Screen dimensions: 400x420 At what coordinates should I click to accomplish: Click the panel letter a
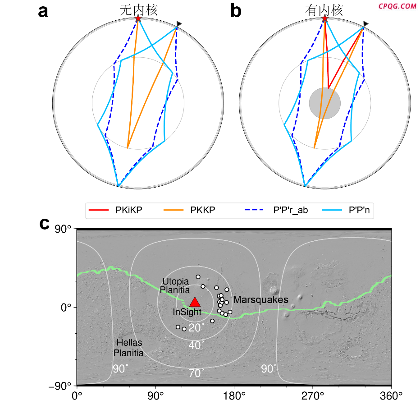pyautogui.click(x=43, y=11)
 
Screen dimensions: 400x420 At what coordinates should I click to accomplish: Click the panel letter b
pyautogui.click(x=236, y=11)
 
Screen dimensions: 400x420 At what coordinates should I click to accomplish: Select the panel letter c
pyautogui.click(x=44, y=224)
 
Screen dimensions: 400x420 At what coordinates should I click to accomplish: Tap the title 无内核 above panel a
pyautogui.click(x=138, y=10)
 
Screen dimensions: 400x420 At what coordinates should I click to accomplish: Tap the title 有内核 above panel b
pyautogui.click(x=324, y=10)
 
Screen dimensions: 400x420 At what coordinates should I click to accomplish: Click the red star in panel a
pyautogui.click(x=138, y=18)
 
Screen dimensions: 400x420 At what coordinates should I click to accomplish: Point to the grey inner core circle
pyautogui.click(x=324, y=103)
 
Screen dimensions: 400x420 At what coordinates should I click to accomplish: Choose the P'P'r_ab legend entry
pyautogui.click(x=277, y=210)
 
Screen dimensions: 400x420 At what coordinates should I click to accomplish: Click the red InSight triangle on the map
pyautogui.click(x=195, y=303)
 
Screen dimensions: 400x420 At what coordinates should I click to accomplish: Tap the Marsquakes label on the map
pyautogui.click(x=260, y=300)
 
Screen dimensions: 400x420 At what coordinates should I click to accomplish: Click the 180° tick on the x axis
pyautogui.click(x=234, y=395)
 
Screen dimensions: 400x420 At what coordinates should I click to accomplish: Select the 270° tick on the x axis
pyautogui.click(x=313, y=395)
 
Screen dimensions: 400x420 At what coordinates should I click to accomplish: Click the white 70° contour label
pyautogui.click(x=196, y=373)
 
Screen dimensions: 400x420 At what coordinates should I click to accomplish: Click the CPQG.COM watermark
pyautogui.click(x=397, y=6)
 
